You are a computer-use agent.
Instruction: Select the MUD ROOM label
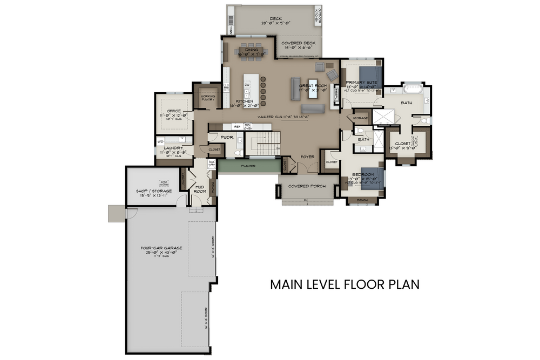click(200, 188)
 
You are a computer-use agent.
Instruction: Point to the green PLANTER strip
click(248, 166)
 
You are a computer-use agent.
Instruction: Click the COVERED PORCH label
click(306, 186)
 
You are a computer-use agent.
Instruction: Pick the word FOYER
click(308, 158)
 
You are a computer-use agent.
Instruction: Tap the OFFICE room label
click(173, 111)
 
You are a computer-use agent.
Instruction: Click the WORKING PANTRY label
click(208, 98)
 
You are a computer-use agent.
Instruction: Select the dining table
click(251, 53)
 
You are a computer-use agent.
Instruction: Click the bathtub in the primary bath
click(413, 88)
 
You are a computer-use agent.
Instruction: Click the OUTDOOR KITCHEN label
click(319, 16)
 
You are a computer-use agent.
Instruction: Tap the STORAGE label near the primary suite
click(360, 117)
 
